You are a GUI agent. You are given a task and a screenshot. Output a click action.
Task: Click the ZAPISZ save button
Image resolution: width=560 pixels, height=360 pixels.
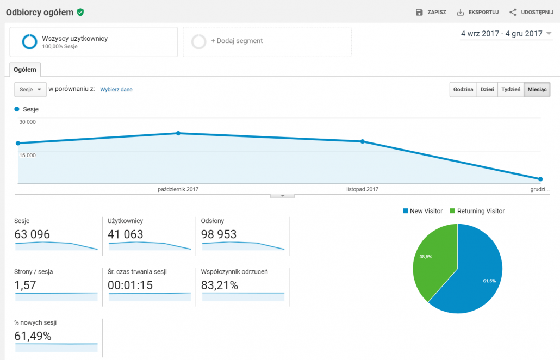pos(431,12)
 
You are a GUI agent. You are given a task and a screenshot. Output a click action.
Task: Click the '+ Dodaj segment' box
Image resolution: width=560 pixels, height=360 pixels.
pos(267,41)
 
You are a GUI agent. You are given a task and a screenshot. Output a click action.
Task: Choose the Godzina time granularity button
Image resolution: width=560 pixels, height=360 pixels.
pos(463,90)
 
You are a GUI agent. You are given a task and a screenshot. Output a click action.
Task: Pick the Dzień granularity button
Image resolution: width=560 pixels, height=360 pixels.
pos(487,90)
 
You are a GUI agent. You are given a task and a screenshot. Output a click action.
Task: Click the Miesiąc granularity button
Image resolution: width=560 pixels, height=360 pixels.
pos(537,90)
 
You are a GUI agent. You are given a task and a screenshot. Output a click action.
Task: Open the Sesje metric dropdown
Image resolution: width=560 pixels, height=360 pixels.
pos(30,89)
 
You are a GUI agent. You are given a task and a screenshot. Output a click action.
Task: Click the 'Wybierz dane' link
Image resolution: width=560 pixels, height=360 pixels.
pos(116,90)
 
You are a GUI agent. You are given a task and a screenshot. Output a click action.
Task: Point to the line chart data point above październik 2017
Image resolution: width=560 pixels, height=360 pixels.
pos(178,133)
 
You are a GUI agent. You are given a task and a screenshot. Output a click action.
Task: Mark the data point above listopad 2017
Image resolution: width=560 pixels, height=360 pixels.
pos(362,141)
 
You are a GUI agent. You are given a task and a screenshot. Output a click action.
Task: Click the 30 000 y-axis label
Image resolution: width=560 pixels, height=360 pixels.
pos(28,122)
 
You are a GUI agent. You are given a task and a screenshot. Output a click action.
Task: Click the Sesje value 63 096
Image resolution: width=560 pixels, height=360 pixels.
pos(32,234)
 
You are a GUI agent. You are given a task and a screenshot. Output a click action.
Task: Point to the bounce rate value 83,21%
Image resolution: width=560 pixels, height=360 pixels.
pos(220,285)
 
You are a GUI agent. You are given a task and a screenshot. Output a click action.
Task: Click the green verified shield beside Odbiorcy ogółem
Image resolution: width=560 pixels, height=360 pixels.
pos(80,12)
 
